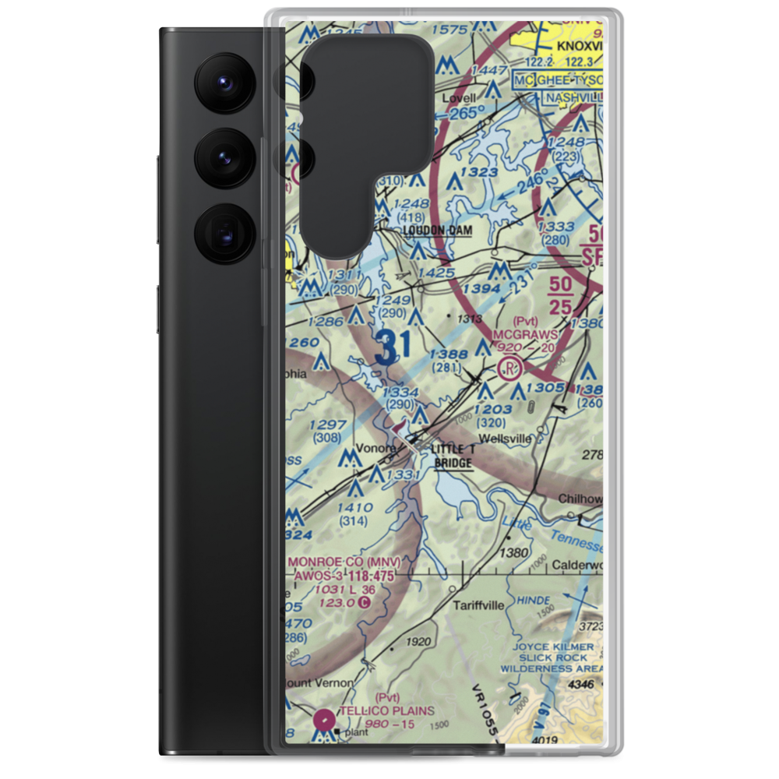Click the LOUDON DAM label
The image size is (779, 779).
tap(437, 231)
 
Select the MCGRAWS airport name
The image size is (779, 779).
tap(526, 334)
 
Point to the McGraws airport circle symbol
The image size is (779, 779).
tap(510, 367)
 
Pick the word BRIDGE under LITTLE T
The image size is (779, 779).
tap(453, 464)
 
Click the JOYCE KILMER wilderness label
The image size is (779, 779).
tap(558, 647)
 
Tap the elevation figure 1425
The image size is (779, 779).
tap(435, 273)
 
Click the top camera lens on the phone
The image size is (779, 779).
tap(224, 80)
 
